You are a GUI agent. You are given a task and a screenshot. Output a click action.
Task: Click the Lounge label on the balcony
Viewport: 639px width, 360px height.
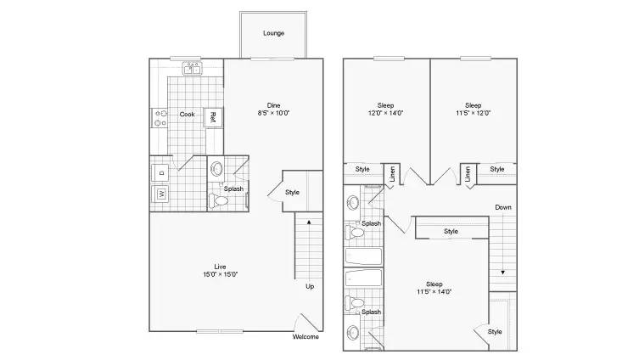click(x=273, y=33)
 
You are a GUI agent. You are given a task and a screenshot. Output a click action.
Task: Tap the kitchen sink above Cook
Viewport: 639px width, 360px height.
click(x=192, y=68)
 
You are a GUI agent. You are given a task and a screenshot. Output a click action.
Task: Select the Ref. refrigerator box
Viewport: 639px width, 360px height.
click(x=213, y=118)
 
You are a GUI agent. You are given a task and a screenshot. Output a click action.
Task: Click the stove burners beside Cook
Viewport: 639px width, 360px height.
click(x=160, y=118)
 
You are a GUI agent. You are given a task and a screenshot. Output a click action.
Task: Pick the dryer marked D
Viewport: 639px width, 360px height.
click(x=160, y=173)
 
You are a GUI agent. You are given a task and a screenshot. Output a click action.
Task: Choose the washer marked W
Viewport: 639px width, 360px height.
click(x=160, y=194)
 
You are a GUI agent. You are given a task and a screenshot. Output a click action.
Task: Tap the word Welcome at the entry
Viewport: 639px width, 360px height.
click(x=305, y=337)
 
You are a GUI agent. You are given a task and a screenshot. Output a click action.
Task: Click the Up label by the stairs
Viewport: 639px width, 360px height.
click(x=310, y=286)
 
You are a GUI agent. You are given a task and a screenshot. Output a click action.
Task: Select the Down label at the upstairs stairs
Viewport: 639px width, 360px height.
click(x=503, y=207)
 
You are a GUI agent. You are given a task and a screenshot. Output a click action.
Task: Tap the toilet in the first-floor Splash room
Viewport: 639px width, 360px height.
click(x=219, y=200)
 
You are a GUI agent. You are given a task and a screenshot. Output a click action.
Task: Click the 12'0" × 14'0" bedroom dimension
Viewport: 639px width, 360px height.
click(x=385, y=113)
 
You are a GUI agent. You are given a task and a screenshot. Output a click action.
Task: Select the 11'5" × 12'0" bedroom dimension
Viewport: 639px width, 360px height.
click(x=474, y=113)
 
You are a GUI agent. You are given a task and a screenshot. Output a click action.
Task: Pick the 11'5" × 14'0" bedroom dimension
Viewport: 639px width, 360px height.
click(x=434, y=291)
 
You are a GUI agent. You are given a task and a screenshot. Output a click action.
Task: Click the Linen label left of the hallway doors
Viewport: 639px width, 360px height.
click(x=392, y=174)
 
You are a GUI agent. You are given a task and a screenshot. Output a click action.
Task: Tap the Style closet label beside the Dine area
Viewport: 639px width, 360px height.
click(x=292, y=193)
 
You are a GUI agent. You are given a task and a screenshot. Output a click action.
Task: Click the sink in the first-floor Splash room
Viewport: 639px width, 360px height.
click(x=216, y=168)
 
